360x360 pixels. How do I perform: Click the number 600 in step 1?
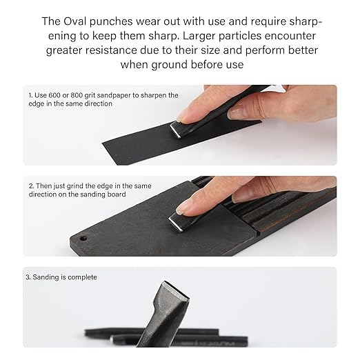(x=58, y=95)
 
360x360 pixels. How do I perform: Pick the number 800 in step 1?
(x=84, y=95)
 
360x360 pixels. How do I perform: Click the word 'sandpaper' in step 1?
(x=122, y=95)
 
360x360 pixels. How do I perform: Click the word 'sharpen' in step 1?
(x=157, y=95)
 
